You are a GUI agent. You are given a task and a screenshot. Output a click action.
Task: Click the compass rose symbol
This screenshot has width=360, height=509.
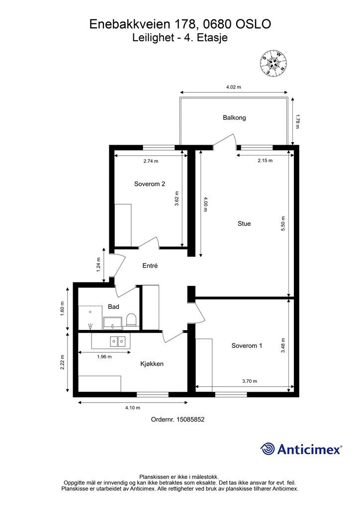(273, 63)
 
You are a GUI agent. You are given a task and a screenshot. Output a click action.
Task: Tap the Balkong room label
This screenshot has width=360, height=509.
(234, 117)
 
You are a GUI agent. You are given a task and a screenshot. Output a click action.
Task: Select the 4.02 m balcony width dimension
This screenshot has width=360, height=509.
(234, 87)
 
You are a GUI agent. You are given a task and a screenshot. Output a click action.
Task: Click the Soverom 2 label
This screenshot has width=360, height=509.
(150, 184)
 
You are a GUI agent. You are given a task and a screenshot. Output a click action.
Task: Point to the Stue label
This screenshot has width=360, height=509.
(244, 223)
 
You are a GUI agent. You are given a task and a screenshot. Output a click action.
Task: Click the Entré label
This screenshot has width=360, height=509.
(150, 265)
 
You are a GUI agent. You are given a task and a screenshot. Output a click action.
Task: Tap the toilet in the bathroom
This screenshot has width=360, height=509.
(131, 320)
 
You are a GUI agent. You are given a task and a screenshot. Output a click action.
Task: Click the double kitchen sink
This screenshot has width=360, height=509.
(117, 341)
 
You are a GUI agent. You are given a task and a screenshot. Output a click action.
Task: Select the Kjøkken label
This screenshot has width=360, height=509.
(152, 364)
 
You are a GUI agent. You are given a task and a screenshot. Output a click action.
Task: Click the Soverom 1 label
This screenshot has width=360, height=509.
(247, 345)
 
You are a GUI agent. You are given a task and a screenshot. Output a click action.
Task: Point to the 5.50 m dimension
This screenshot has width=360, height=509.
(283, 223)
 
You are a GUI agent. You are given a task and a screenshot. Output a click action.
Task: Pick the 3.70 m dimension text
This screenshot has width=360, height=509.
(250, 381)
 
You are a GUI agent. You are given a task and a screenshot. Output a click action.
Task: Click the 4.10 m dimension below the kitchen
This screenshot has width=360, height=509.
(133, 408)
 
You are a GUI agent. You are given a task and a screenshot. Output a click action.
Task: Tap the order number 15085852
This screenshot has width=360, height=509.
(190, 420)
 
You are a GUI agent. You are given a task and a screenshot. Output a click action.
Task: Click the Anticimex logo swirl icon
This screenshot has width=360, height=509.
(268, 449)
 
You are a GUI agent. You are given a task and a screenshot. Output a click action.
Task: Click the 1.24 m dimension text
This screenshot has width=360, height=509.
(98, 264)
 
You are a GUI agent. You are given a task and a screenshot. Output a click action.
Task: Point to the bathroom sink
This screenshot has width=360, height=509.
(113, 323)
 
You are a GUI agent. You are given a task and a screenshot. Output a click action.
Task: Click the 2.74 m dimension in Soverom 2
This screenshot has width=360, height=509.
(151, 161)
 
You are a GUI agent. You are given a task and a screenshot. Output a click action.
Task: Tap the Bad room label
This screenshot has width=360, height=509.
(113, 306)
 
